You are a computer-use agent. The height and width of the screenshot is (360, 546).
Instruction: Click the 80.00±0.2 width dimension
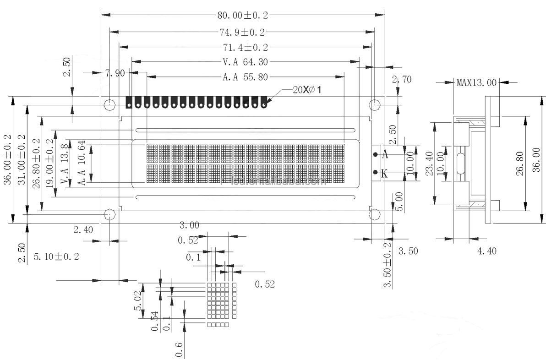[x=242, y=15]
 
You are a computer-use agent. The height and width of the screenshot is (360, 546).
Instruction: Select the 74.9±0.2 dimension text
[x=242, y=32]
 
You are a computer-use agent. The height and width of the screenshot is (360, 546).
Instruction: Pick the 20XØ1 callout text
[x=307, y=90]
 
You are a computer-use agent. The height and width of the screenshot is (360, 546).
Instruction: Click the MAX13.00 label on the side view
[x=476, y=83]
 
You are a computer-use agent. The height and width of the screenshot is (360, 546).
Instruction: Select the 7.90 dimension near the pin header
[x=115, y=73]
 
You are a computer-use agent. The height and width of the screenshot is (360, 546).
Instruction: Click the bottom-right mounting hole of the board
[x=375, y=214]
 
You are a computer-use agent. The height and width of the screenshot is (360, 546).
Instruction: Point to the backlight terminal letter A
[x=385, y=155]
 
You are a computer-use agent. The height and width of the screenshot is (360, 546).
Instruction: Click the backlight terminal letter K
[x=384, y=174]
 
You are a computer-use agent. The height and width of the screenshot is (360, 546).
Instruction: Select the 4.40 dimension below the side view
[x=486, y=251]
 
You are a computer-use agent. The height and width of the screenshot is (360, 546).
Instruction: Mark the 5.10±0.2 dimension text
[x=56, y=256]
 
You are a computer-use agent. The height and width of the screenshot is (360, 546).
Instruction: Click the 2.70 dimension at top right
[x=402, y=79]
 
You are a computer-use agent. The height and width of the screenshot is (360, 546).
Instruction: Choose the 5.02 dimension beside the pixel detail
[x=137, y=301]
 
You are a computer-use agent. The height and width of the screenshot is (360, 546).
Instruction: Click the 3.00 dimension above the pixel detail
[x=189, y=225]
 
